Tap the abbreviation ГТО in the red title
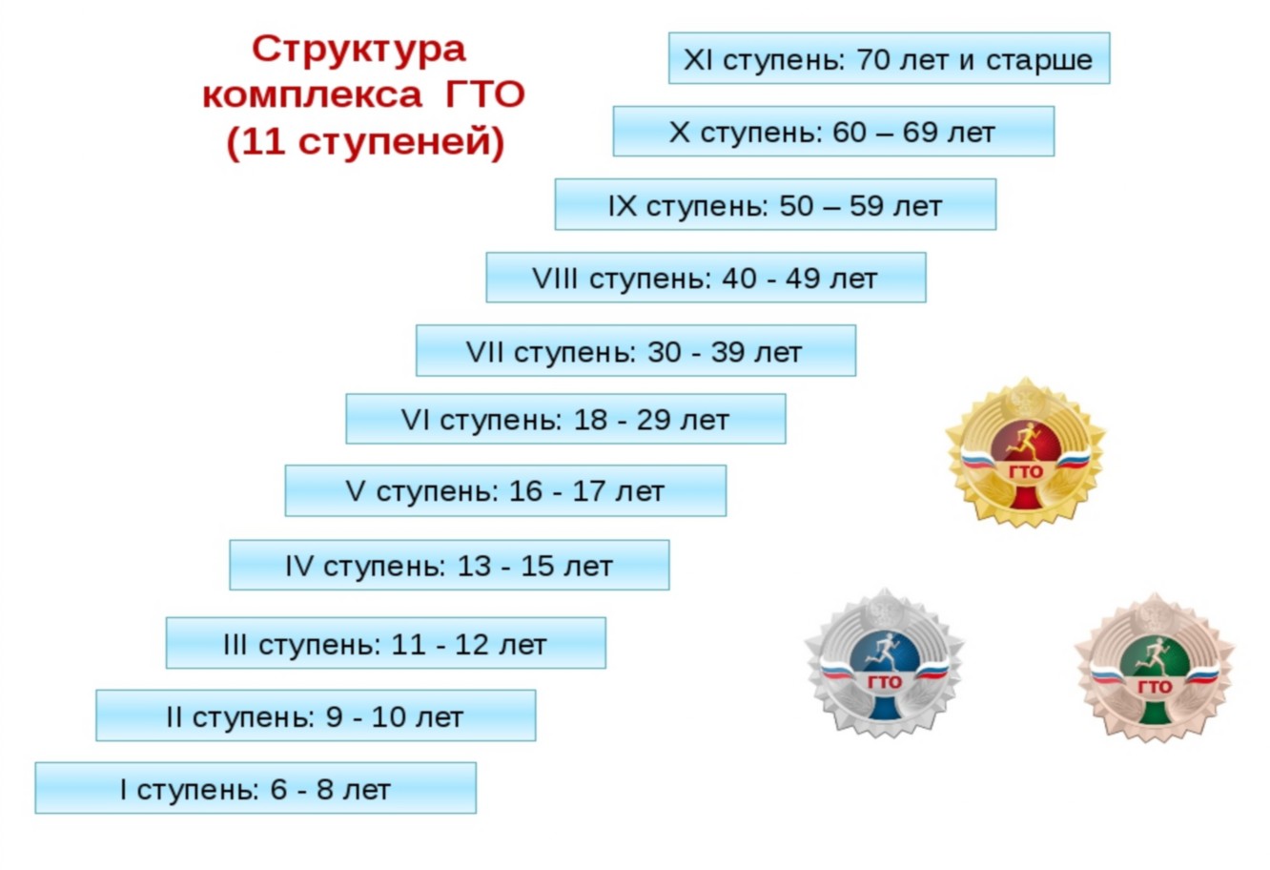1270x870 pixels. tap(485, 94)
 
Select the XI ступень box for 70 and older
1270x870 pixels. tap(889, 58)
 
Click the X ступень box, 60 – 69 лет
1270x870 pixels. tap(833, 132)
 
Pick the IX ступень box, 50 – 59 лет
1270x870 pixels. tap(775, 205)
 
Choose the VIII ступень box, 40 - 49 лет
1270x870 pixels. tap(706, 278)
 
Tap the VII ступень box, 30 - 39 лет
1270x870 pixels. tap(636, 350)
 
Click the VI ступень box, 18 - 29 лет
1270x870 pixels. tap(565, 419)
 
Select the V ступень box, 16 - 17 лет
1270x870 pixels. tap(505, 491)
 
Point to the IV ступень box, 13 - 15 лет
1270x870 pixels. tap(449, 566)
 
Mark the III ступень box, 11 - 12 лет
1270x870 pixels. tap(385, 643)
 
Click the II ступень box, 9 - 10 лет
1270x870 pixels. tap(316, 715)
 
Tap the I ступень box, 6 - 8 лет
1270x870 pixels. tap(256, 788)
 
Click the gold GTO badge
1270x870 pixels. tap(1026, 453)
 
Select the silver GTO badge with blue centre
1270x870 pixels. tap(885, 664)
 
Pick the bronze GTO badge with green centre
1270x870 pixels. tap(1155, 669)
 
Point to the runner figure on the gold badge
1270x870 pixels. tap(1025, 442)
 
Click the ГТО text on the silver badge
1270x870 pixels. tap(885, 682)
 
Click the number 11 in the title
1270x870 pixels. tap(264, 141)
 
